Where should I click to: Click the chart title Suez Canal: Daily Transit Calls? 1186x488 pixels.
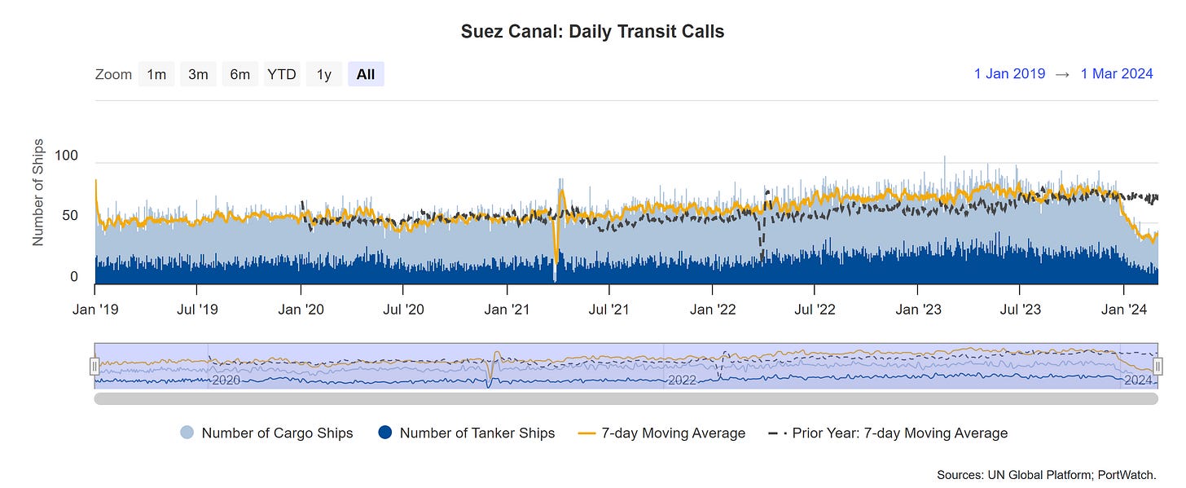click(592, 32)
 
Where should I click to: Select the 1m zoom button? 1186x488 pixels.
click(156, 74)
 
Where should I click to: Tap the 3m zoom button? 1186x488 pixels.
click(198, 74)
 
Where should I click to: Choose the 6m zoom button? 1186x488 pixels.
click(239, 74)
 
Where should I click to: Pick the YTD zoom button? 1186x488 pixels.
click(282, 74)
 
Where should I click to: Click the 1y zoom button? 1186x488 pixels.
click(324, 74)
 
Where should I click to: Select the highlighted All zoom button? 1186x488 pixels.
click(366, 74)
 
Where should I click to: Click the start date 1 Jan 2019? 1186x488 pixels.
click(1009, 74)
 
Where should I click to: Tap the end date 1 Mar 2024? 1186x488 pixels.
click(1116, 74)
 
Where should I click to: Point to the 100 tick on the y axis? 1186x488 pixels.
click(67, 155)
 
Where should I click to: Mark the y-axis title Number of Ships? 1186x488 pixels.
click(38, 192)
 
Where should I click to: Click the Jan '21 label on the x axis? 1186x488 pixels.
click(507, 310)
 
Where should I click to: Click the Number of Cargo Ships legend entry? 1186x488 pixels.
click(266, 433)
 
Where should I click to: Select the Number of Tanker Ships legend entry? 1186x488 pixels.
click(467, 433)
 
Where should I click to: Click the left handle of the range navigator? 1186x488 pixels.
click(94, 366)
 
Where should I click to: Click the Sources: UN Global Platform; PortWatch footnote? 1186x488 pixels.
click(1056, 474)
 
